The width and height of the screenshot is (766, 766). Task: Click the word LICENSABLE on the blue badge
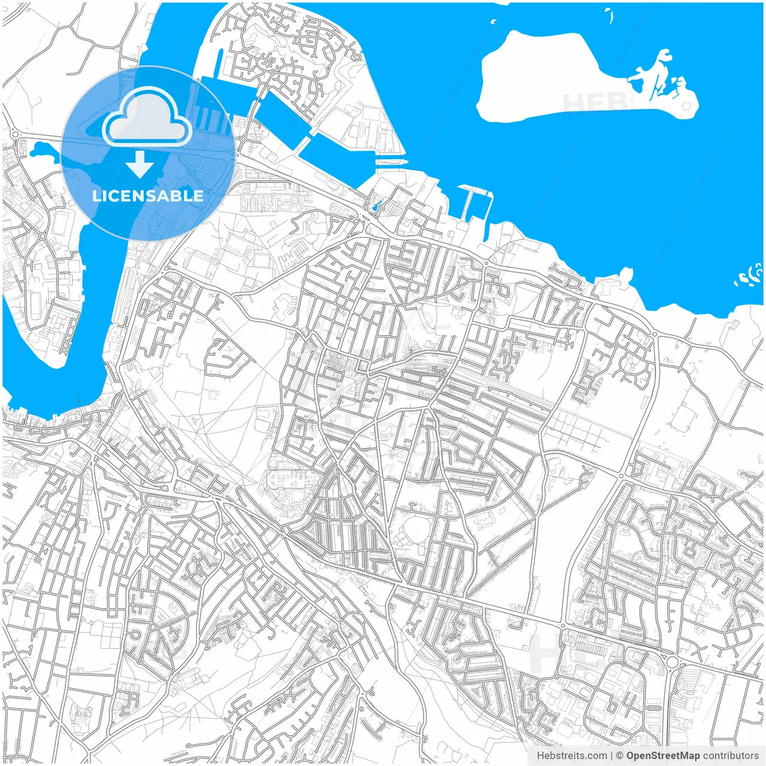point(147,196)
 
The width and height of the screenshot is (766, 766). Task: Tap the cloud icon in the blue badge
point(147,117)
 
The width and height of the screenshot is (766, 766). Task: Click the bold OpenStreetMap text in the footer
point(662,756)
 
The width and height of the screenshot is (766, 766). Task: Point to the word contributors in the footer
point(730,756)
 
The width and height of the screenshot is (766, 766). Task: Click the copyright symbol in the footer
point(619,756)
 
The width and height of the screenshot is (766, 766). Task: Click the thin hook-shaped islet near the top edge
point(609,16)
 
